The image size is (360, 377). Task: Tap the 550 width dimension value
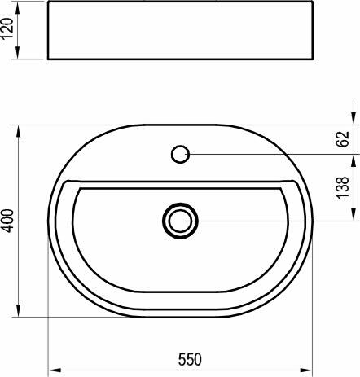point(189,359)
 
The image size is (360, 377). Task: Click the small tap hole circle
point(181,153)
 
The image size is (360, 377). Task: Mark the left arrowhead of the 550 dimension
point(53,370)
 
